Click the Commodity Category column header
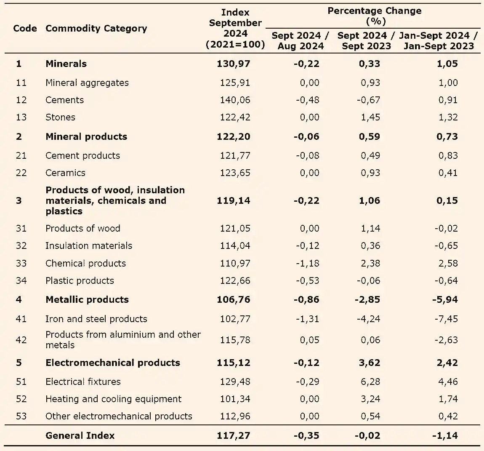(96, 28)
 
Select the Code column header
(25, 28)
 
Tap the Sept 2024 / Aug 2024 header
(300, 41)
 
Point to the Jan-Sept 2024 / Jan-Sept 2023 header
(439, 41)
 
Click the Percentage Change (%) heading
(374, 16)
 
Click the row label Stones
(60, 117)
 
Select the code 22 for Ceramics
(21, 173)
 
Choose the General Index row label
(80, 435)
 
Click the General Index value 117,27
(233, 435)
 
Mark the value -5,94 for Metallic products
(445, 299)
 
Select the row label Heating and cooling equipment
(113, 399)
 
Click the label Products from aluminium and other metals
(123, 339)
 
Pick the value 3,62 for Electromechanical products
(370, 363)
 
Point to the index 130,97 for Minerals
(233, 64)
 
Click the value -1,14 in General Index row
(445, 435)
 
